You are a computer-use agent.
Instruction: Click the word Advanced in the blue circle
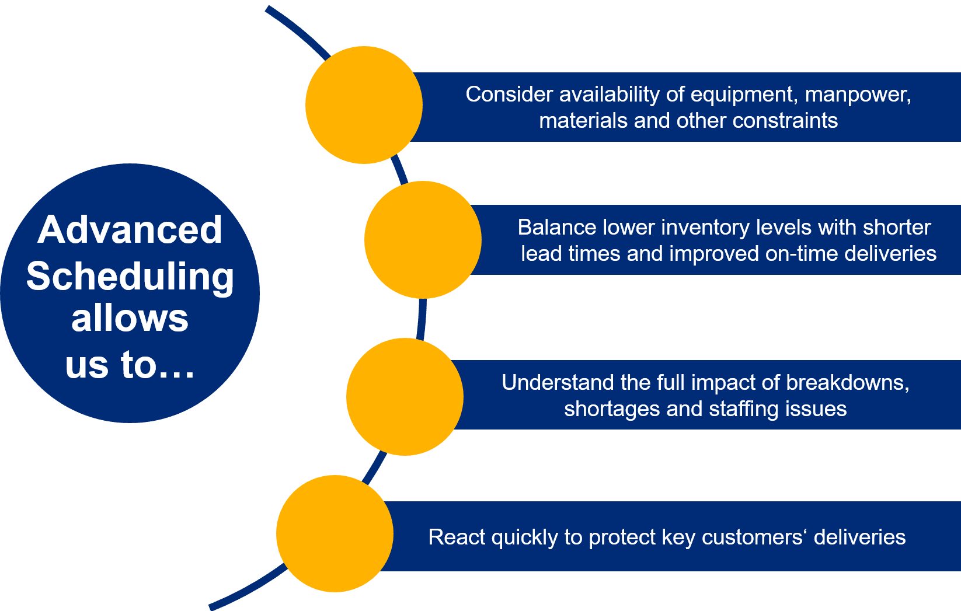(130, 230)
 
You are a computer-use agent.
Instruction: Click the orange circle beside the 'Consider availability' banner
(364, 105)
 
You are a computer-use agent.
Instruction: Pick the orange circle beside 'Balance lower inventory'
(423, 240)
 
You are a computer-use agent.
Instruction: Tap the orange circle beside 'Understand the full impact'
(405, 397)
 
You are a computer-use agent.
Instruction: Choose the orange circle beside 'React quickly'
(335, 534)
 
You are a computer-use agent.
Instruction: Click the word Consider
(509, 94)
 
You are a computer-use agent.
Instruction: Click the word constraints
(785, 120)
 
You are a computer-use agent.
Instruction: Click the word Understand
(558, 382)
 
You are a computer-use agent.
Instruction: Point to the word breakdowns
(847, 382)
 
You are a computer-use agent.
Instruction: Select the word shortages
(612, 409)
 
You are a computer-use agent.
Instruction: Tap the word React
(457, 537)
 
